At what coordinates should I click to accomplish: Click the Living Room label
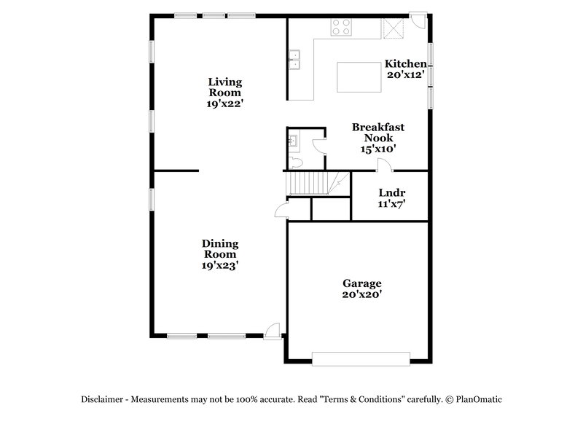pyautogui.click(x=224, y=87)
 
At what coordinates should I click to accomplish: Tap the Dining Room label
pyautogui.click(x=220, y=249)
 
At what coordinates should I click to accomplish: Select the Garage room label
pyautogui.click(x=362, y=283)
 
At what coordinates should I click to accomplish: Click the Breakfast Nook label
pyautogui.click(x=378, y=132)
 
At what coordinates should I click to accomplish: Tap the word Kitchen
pyautogui.click(x=405, y=64)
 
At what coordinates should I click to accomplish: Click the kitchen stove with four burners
pyautogui.click(x=341, y=27)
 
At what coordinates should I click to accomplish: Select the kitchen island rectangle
pyautogui.click(x=359, y=76)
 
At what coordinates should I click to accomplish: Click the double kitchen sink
pyautogui.click(x=295, y=58)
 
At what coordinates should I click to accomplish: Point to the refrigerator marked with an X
pyautogui.click(x=394, y=28)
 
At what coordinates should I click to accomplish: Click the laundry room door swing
pyautogui.click(x=381, y=166)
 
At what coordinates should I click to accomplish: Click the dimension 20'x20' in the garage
pyautogui.click(x=362, y=295)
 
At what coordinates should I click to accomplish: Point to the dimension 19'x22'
pyautogui.click(x=224, y=103)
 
